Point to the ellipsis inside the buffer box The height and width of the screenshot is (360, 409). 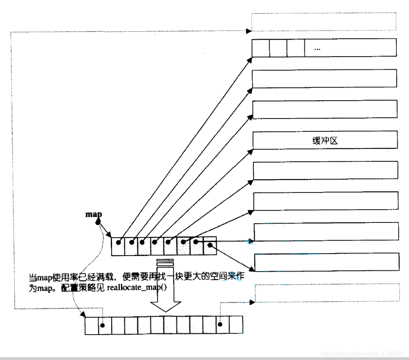[x=317, y=49]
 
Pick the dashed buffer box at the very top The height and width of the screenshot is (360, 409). [x=324, y=21]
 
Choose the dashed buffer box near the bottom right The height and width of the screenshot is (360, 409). [x=327, y=292]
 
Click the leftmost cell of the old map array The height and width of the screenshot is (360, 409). [x=118, y=246]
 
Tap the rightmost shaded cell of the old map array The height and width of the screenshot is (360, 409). [x=210, y=246]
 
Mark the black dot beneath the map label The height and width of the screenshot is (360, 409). [x=98, y=221]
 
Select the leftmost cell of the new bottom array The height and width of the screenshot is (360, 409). [x=91, y=325]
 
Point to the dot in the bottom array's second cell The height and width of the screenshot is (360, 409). [x=102, y=325]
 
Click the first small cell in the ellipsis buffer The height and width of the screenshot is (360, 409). [x=261, y=48]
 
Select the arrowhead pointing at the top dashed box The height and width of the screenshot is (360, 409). [x=249, y=31]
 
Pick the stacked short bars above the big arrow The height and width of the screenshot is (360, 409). [x=165, y=262]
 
